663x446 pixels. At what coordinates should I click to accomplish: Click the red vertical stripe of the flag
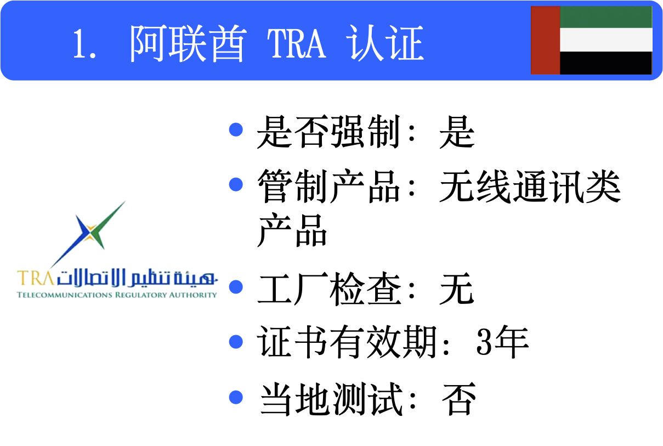(545, 40)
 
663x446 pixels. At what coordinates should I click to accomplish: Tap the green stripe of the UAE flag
(605, 17)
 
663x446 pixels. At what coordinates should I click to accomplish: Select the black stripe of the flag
(605, 63)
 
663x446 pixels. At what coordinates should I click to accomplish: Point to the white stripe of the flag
(605, 39)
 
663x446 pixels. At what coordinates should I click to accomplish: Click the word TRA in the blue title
(297, 43)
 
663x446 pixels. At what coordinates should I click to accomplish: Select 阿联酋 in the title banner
(187, 43)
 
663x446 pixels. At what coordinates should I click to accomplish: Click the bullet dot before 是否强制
(236, 129)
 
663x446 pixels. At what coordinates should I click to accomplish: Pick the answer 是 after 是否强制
(456, 132)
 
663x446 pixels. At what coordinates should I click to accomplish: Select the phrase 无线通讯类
(530, 188)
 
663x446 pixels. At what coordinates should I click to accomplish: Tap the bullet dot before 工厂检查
(236, 287)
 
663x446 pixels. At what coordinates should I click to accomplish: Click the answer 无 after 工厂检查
(456, 289)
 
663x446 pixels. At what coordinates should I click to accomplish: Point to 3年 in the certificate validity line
(502, 342)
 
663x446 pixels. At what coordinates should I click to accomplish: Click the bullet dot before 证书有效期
(236, 342)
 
